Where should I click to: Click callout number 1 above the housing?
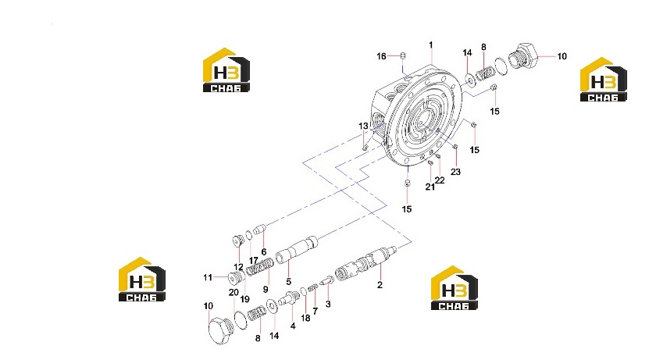[x=431, y=45]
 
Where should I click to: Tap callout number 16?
[x=381, y=56]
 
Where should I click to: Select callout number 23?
[x=455, y=172]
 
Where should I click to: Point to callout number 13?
[x=363, y=126]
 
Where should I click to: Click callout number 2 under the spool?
[x=380, y=285]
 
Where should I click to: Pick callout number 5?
[x=288, y=281]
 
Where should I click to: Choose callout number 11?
[x=208, y=277]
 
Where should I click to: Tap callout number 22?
[x=440, y=180]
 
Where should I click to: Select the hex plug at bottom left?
[x=220, y=330]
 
